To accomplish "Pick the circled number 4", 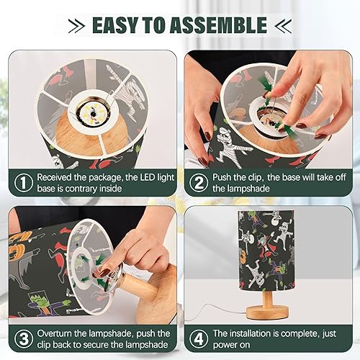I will (197, 338).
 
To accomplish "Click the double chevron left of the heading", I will (77, 26).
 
